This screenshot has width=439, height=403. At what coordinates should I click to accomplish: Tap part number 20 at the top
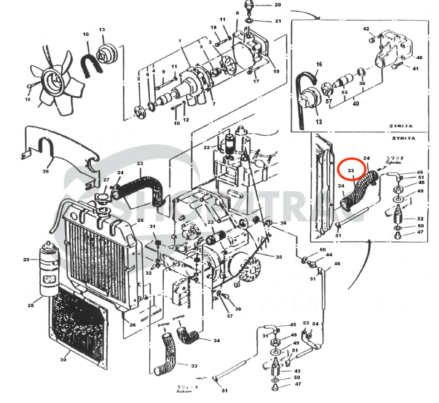point(278,5)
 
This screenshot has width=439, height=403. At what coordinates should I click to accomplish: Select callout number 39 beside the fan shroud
point(45,172)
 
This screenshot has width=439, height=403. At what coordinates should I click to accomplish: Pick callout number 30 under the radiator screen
point(63,360)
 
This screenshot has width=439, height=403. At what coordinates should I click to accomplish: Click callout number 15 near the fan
point(28,99)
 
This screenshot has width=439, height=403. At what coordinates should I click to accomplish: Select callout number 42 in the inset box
point(366,29)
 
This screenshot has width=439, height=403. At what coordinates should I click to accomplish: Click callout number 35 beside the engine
point(279,257)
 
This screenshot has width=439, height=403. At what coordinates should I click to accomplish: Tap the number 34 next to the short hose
point(216,341)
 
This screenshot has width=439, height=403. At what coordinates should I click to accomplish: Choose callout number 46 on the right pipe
point(337,263)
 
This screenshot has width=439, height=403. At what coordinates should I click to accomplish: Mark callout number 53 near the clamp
point(306,324)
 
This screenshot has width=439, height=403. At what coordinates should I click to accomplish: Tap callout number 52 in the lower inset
point(420,219)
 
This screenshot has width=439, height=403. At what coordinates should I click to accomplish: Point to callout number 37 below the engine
point(230,316)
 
